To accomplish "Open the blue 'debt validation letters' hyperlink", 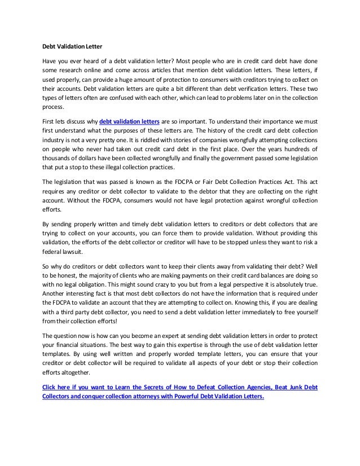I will point(129,121).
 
